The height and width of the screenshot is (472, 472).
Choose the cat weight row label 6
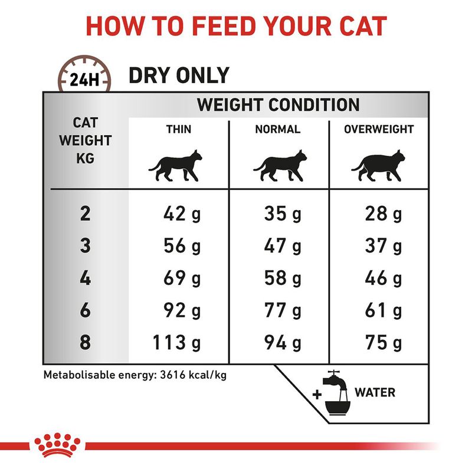pos(86,310)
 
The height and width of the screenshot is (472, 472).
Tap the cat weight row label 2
pos(86,214)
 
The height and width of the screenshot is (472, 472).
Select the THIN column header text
pos(178,129)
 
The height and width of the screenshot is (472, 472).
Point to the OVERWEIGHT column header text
pos(379,129)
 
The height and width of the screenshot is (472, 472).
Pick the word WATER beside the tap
pos(375,392)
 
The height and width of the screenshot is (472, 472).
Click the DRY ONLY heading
pos(179,75)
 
